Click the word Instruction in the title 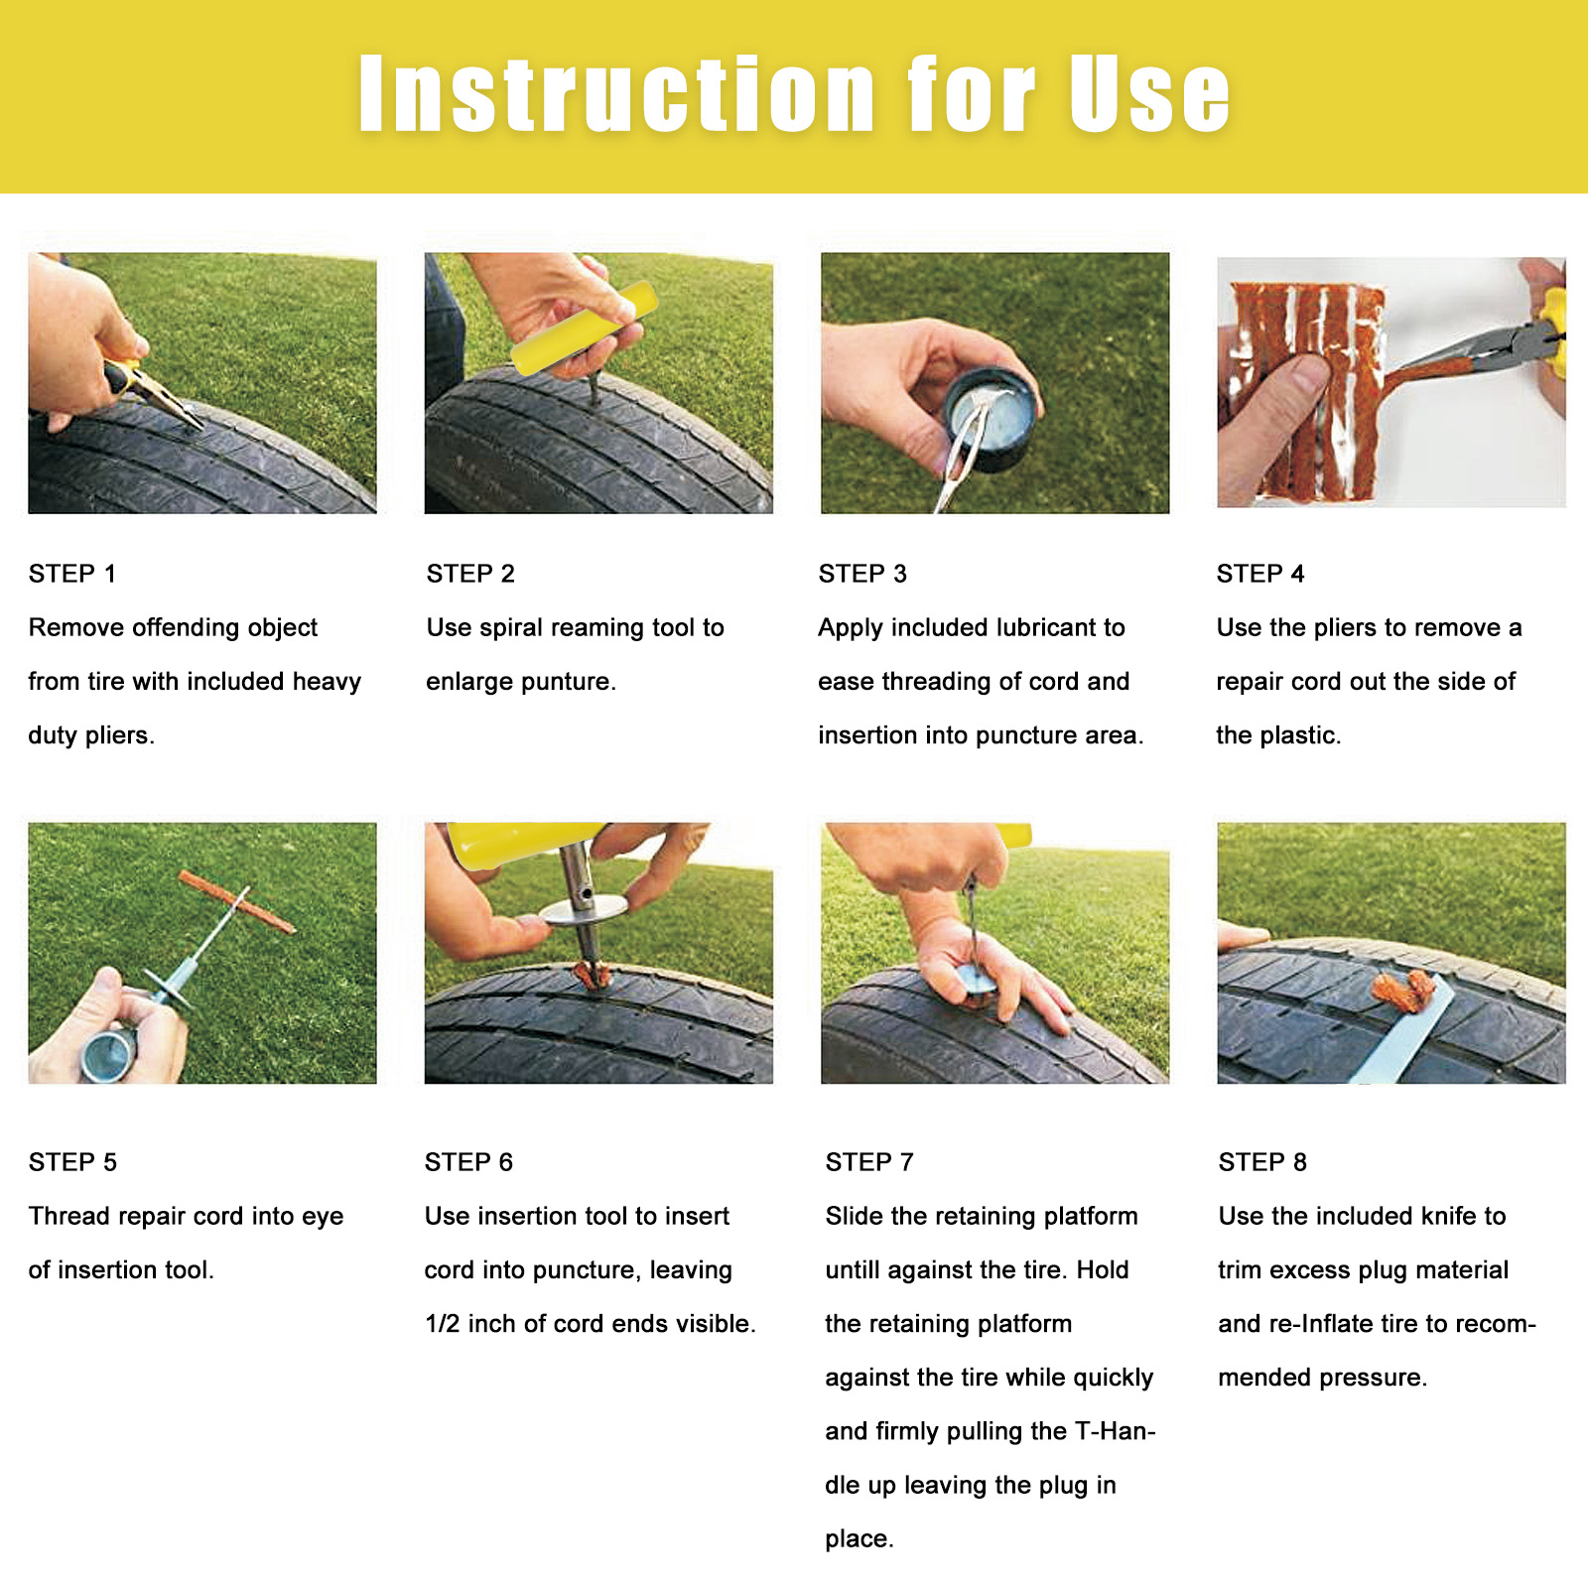(x=616, y=93)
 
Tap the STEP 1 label (x=72, y=574)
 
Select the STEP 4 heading (x=1260, y=574)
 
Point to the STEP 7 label (x=869, y=1162)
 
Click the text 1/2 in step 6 (x=443, y=1324)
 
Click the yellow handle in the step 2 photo (x=584, y=329)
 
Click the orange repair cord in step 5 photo (x=237, y=902)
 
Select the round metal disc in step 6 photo (x=584, y=907)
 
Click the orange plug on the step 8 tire (x=1403, y=992)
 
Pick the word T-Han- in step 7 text (x=1116, y=1431)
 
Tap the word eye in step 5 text (x=321, y=1217)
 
